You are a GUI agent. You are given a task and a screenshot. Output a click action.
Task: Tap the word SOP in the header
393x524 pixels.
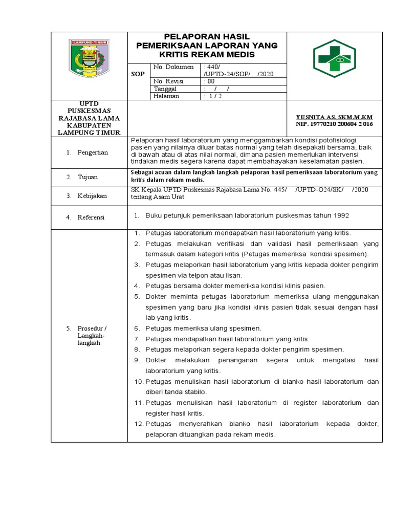tap(138, 74)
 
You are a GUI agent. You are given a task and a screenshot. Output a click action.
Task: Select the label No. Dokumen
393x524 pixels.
tap(173, 67)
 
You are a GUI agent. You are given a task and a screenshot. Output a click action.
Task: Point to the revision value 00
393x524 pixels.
tap(209, 81)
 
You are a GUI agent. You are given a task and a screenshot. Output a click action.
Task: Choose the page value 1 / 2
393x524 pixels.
tap(211, 96)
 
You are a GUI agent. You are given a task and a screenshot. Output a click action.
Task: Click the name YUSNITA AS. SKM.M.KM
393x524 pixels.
tap(335, 117)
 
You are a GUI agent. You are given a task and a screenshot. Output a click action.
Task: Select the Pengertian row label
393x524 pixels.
tap(93, 153)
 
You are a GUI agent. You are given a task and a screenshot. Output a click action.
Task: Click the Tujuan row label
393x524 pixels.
tap(88, 177)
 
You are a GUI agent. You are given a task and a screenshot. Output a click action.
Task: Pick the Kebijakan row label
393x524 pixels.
tap(92, 196)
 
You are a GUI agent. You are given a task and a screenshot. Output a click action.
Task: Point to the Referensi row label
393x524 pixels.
tap(91, 217)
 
